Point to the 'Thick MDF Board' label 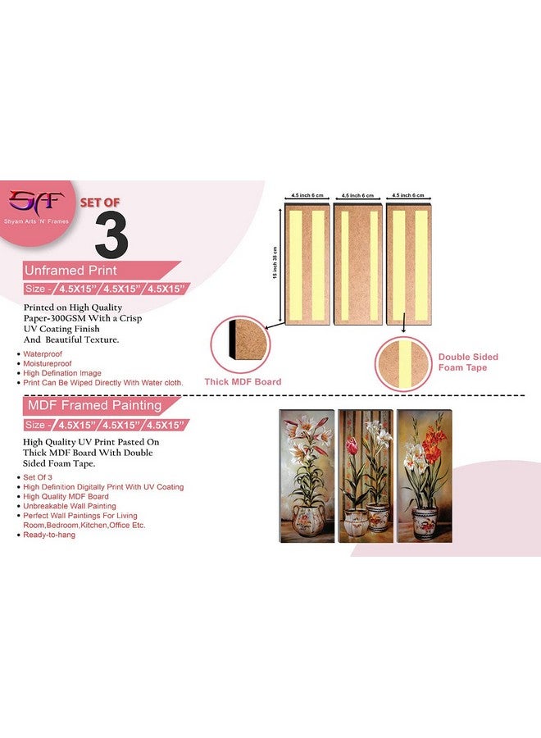click(243, 381)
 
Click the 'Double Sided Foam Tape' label click(468, 362)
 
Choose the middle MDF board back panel click(357, 253)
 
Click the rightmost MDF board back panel click(407, 253)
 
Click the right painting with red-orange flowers click(424, 475)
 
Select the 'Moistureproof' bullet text click(45, 362)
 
